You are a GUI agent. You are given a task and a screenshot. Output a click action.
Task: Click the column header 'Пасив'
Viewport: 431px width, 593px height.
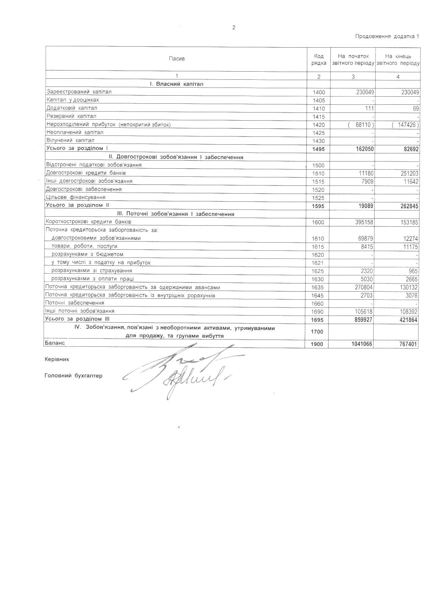(x=176, y=59)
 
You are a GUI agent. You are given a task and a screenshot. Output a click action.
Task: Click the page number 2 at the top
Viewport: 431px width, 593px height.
(x=234, y=28)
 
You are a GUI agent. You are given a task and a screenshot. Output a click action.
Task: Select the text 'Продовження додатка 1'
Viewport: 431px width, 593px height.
(x=387, y=36)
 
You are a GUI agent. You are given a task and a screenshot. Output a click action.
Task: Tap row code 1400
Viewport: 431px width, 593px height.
(x=319, y=92)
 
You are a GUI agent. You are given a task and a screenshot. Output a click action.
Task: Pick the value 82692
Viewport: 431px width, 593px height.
(x=409, y=149)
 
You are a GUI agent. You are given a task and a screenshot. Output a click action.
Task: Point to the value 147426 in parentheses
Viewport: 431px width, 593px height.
(x=406, y=125)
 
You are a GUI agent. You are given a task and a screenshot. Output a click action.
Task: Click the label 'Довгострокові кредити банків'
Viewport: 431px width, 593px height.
(x=86, y=173)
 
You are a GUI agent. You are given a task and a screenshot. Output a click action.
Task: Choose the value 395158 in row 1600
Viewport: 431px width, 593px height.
(x=362, y=222)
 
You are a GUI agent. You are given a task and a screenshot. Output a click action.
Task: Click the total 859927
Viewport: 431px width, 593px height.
(x=362, y=320)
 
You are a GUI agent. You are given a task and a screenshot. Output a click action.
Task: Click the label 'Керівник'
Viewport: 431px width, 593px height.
(x=57, y=360)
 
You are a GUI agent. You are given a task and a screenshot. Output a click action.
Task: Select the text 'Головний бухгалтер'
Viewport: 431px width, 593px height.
(x=73, y=376)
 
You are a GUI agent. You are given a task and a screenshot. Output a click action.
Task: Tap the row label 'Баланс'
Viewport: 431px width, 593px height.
(x=54, y=343)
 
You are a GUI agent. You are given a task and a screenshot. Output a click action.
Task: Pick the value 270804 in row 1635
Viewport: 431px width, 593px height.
(x=362, y=288)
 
